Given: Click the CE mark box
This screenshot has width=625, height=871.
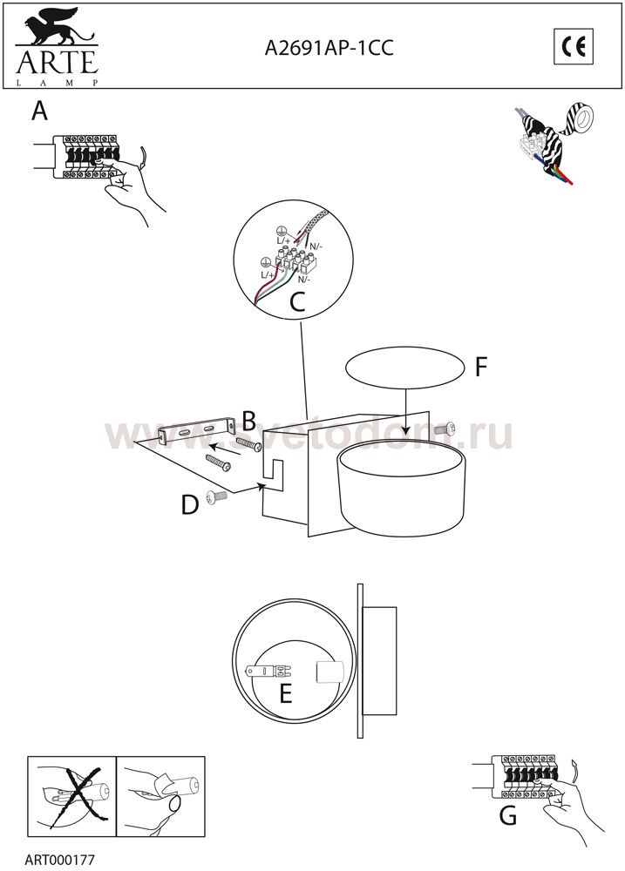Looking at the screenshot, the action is coord(574,46).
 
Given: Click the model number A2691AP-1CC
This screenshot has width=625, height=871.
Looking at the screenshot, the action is coord(329,48).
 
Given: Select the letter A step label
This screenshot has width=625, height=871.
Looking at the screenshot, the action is coord(39,111).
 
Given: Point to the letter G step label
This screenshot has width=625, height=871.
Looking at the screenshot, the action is coord(507,815).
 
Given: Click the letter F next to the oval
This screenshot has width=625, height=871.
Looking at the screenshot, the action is coord(481,367).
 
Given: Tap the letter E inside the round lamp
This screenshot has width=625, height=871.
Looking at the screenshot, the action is coord(286,694).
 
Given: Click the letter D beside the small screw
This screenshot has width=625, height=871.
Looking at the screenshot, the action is coord(190,505).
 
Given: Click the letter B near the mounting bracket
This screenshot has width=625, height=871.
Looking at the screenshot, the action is coord(249,421).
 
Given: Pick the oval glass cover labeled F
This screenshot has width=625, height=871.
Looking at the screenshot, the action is coord(404,368).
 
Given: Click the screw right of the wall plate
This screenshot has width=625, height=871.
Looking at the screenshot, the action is coord(446,428).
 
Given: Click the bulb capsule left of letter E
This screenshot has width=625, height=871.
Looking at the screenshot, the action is coord(269,671).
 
